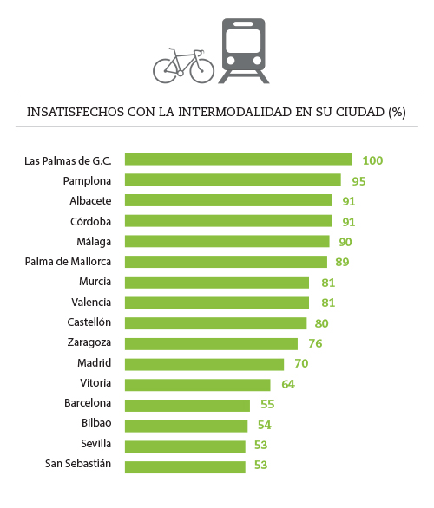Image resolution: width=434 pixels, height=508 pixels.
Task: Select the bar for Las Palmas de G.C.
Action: click(x=238, y=160)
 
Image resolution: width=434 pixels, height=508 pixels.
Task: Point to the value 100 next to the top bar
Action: click(x=373, y=160)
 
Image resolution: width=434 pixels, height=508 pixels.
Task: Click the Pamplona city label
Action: click(x=87, y=180)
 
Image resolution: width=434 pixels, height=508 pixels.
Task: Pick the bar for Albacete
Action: click(x=227, y=200)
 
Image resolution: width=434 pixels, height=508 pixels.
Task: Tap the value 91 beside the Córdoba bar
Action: click(x=349, y=221)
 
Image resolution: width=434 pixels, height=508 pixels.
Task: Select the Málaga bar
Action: click(x=227, y=241)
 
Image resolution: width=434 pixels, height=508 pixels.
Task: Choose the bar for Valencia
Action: click(x=216, y=303)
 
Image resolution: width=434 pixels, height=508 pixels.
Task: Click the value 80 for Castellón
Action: click(x=324, y=323)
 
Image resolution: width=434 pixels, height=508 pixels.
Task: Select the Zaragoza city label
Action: click(x=89, y=343)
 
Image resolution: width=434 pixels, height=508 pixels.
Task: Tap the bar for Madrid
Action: click(x=204, y=364)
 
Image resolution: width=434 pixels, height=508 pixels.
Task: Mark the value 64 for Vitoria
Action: click(x=287, y=384)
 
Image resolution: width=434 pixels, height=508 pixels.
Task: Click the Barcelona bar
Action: click(x=187, y=405)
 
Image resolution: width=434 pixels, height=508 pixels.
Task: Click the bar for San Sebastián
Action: click(x=185, y=466)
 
